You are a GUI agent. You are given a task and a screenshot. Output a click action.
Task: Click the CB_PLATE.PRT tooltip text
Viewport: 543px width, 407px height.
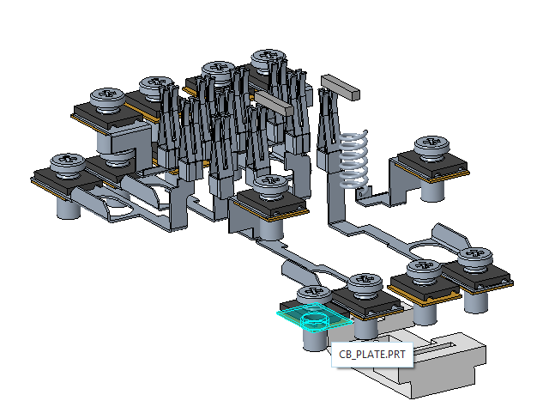click(x=372, y=355)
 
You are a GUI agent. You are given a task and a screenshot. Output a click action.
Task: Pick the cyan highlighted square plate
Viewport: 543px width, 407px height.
click(x=315, y=318)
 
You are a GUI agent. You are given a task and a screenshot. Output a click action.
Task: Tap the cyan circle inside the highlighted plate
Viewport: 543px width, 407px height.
click(x=314, y=320)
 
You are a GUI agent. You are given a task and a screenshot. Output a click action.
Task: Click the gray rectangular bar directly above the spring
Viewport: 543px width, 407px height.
click(x=340, y=88)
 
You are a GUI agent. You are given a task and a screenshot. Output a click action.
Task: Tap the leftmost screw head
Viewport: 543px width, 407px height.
click(x=68, y=163)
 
